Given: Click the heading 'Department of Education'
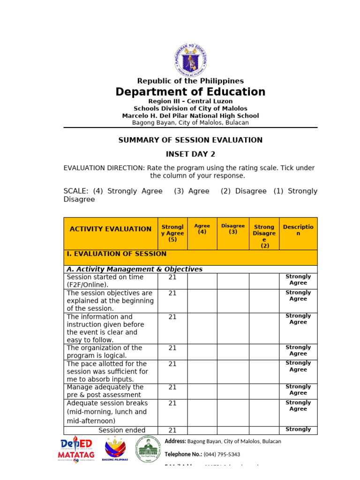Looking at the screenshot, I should tap(190, 92).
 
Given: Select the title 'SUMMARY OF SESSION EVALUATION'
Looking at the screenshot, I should tap(190, 140).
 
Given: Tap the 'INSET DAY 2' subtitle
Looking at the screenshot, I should tap(190, 154).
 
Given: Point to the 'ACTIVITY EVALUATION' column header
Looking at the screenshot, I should tap(111, 229).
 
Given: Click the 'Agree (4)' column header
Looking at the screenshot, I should tap(202, 229).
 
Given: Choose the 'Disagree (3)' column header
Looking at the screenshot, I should tap(233, 229).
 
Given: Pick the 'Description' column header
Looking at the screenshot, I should tap(298, 230).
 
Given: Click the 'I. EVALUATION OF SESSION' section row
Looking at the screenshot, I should tap(117, 254).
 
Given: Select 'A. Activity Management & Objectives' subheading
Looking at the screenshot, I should tap(135, 269).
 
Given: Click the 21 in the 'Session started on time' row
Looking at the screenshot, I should tap(172, 277).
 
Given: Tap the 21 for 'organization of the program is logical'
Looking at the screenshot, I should tap(172, 348).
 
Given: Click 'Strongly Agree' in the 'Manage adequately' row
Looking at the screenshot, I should tap(298, 390).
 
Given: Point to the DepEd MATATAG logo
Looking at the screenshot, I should tap(76, 450).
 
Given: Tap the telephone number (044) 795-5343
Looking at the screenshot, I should tap(222, 454).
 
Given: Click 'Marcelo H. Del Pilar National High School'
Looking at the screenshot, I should tap(190, 116).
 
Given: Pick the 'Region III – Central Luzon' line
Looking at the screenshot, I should tap(190, 101).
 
